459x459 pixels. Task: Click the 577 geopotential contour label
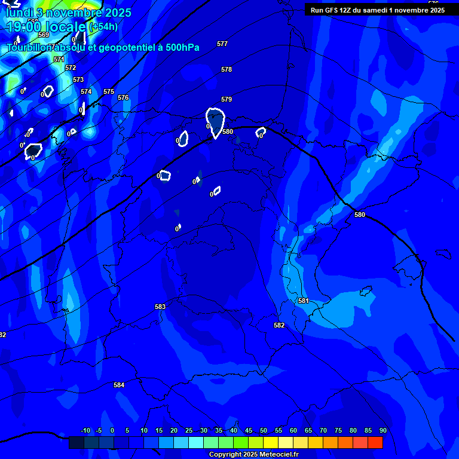[222, 44]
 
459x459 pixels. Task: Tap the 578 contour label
[226, 70]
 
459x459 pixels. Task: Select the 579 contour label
[226, 100]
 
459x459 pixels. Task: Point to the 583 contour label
[160, 307]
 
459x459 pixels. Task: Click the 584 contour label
[119, 385]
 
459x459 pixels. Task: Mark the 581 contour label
[303, 301]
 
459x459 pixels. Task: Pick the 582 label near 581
[279, 326]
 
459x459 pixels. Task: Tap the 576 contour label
[123, 97]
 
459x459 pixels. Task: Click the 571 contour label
[59, 59]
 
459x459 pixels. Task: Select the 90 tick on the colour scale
[382, 430]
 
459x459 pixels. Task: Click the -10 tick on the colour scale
[85, 430]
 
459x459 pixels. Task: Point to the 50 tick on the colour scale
[264, 430]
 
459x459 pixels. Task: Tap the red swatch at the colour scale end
[375, 442]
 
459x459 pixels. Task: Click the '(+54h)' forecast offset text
[103, 27]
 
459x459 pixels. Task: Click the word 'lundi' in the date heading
[18, 12]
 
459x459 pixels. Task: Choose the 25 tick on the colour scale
[189, 430]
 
